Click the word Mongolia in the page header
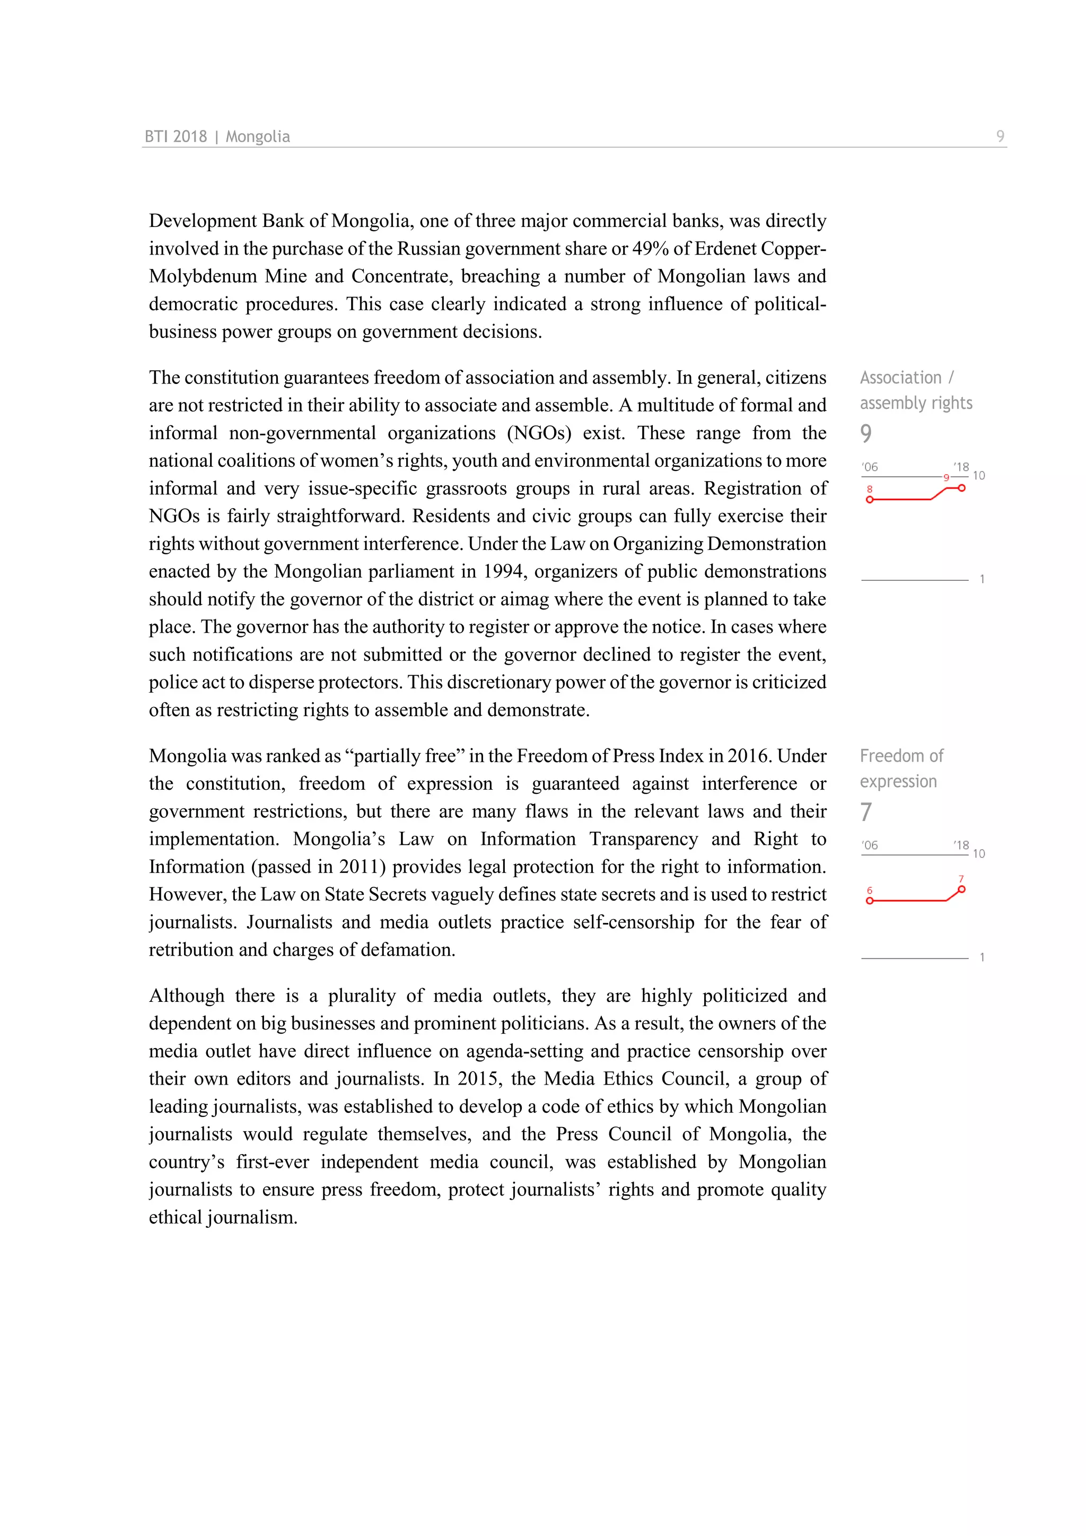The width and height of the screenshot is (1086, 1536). (258, 136)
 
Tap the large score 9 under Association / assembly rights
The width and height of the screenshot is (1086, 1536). (866, 433)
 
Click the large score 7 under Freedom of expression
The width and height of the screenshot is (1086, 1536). (866, 811)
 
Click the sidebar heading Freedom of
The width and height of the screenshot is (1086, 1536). (901, 756)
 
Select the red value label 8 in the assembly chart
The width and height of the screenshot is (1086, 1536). (869, 489)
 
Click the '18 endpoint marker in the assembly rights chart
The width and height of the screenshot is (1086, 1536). (961, 488)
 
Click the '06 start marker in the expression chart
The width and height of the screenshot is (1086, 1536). (869, 901)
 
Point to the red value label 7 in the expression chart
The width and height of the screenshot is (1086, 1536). (961, 879)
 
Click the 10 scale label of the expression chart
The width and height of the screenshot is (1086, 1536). (978, 853)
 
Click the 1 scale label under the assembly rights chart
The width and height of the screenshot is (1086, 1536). (982, 579)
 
